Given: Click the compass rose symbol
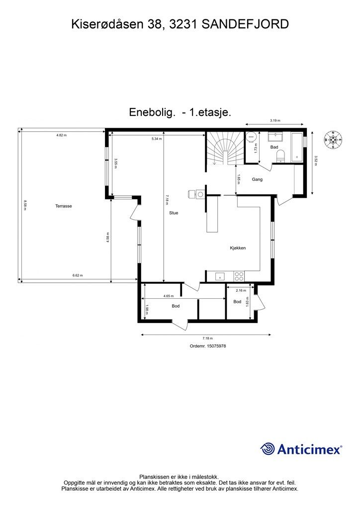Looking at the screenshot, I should pos(334,140).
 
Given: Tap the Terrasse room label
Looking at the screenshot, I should pos(64,206).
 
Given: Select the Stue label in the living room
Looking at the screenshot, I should pos(173,213).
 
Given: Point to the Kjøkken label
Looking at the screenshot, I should pos(238,248).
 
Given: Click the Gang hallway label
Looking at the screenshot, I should pos(257,179).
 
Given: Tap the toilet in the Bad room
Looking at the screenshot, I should pos(281,156).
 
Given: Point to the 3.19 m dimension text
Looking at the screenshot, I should pos(275,121).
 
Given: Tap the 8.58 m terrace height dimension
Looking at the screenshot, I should pos(24,205).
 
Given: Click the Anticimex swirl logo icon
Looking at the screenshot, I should pos(268,449).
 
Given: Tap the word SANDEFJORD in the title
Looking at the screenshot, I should pos(245,23).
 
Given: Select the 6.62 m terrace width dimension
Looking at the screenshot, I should pos(78,275).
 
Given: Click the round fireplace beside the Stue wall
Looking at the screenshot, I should pos(199,194).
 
